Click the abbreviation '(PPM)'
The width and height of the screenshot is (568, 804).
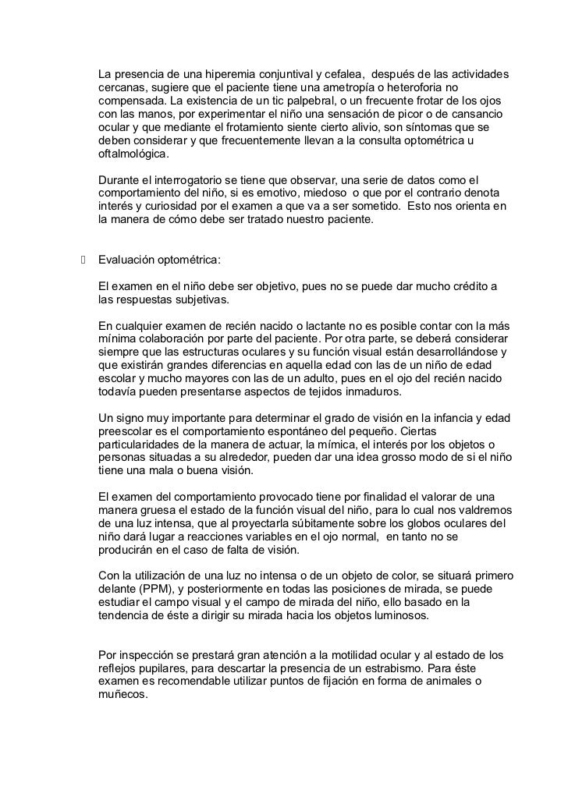point(166,590)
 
